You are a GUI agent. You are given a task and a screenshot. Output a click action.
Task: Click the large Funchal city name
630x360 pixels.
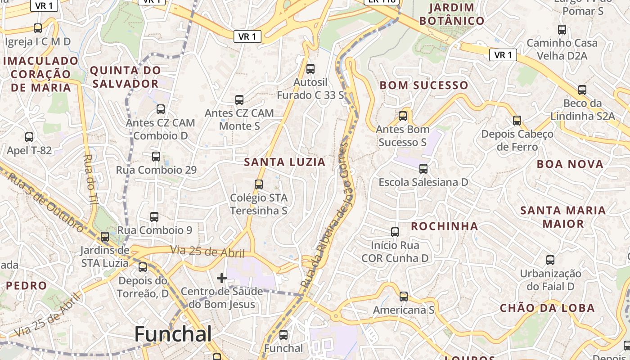coord(173,334)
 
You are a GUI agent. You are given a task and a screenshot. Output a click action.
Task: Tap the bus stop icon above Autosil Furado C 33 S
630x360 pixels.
coord(310,69)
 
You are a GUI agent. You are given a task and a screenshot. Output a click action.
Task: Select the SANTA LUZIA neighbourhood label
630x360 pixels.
coord(284,162)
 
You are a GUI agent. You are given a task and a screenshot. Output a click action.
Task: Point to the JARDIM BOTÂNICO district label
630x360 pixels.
coord(451,14)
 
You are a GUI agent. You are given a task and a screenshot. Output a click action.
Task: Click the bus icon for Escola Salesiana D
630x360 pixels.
coord(423,169)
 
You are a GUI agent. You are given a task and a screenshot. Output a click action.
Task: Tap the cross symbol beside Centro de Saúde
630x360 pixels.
coord(221,278)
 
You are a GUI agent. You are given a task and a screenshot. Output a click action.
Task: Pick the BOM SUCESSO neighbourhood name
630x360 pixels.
coord(424,85)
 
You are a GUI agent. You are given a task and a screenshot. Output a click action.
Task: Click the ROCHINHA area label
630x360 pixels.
coord(444,226)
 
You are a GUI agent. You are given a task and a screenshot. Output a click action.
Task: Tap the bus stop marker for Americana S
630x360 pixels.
coord(404,297)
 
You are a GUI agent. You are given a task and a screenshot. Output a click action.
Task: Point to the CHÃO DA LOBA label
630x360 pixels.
coord(547,308)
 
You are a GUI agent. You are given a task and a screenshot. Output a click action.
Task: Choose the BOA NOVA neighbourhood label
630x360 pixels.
coord(570,164)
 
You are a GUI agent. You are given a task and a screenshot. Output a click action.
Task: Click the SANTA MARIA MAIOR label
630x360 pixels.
coord(563,217)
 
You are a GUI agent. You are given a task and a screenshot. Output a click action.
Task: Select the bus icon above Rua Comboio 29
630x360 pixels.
coord(156,157)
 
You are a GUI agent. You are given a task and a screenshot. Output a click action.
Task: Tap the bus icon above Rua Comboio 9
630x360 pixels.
coord(154,217)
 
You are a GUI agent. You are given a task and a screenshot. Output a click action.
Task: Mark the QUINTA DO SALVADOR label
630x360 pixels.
coord(125,77)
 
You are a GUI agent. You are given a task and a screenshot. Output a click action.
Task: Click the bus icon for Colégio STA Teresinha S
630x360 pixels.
coord(258,184)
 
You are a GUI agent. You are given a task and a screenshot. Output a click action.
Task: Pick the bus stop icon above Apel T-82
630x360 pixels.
coord(29,137)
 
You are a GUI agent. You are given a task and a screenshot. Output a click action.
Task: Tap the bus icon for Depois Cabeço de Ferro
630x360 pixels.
coord(517,121)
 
